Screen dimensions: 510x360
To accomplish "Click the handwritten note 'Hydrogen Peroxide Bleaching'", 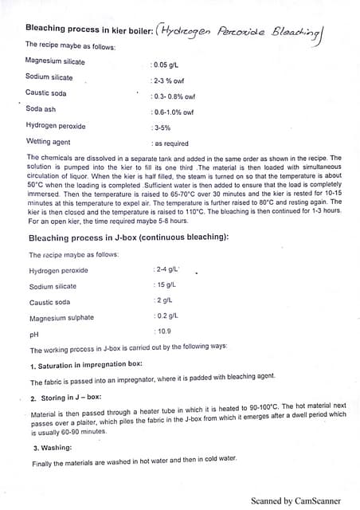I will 244,32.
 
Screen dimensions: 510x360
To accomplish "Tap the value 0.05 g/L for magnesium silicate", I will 166,61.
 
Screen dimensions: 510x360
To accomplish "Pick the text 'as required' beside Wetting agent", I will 170,144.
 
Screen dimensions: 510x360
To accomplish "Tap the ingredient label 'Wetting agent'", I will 49,142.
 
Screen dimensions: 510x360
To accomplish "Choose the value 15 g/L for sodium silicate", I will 165,285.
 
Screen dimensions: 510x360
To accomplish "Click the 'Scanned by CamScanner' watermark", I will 295,500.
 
